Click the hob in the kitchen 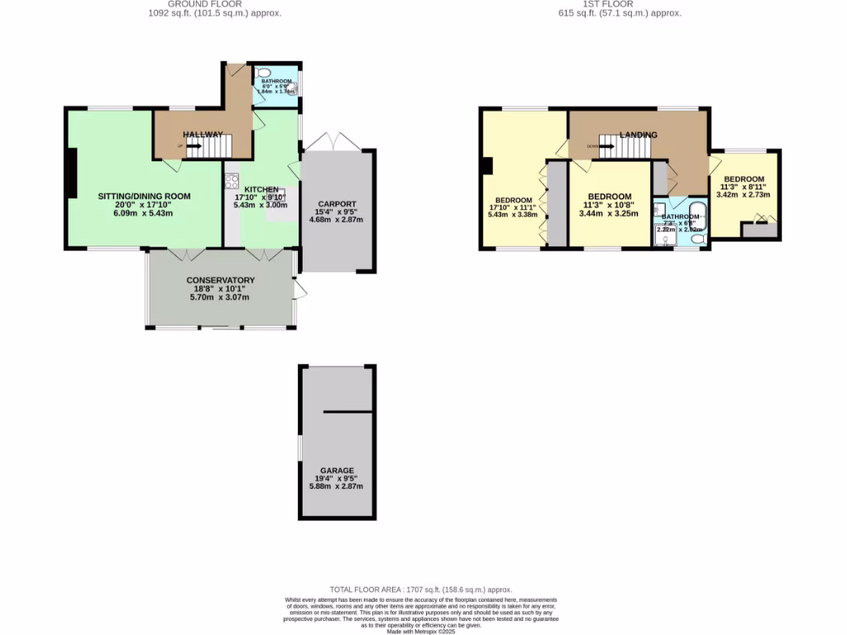[230, 179]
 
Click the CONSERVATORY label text [220, 279]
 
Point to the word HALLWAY [203, 134]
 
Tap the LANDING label [639, 135]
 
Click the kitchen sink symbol [276, 197]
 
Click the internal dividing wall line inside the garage [348, 411]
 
